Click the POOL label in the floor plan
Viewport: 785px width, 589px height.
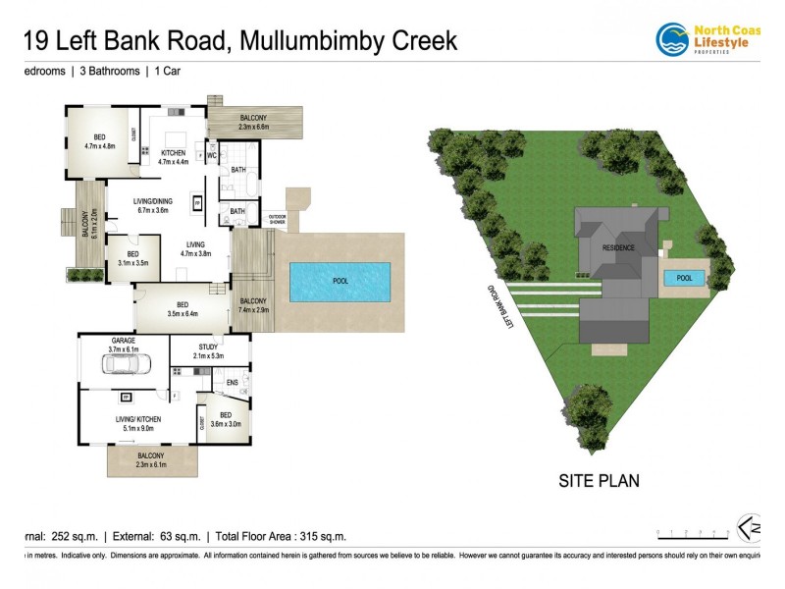click(340, 281)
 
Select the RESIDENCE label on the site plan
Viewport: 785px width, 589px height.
click(618, 247)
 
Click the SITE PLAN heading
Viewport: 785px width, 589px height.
click(599, 481)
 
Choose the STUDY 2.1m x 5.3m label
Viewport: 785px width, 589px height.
click(208, 350)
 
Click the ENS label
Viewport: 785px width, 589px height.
click(233, 382)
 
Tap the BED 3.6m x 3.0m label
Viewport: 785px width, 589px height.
click(226, 419)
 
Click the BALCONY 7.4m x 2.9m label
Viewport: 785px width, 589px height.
click(253, 304)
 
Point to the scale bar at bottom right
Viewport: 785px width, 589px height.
click(693, 535)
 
